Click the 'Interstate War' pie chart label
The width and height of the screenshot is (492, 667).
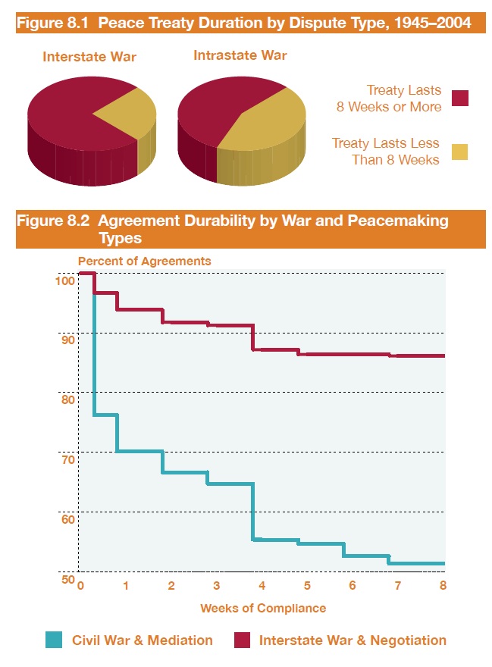pos(89,57)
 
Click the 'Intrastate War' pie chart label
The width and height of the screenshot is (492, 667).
pos(240,55)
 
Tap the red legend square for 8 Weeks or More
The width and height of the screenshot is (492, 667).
pos(459,98)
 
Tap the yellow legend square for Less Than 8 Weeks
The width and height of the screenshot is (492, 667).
pos(459,152)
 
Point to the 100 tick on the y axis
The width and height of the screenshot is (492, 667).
pos(66,280)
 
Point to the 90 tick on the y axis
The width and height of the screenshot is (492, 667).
pos(67,340)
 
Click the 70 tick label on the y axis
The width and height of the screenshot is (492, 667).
pos(67,459)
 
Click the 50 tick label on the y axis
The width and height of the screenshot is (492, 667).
pos(67,579)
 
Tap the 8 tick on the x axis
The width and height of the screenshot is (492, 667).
pos(443,585)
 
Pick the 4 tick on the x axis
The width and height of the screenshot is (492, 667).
pos(262,585)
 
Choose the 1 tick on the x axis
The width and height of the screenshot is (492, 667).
pos(126,585)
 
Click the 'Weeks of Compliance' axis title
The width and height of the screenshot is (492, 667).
pos(263,608)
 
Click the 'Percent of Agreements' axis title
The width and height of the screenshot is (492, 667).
pos(145,261)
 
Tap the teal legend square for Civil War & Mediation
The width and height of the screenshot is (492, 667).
pos(54,640)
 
